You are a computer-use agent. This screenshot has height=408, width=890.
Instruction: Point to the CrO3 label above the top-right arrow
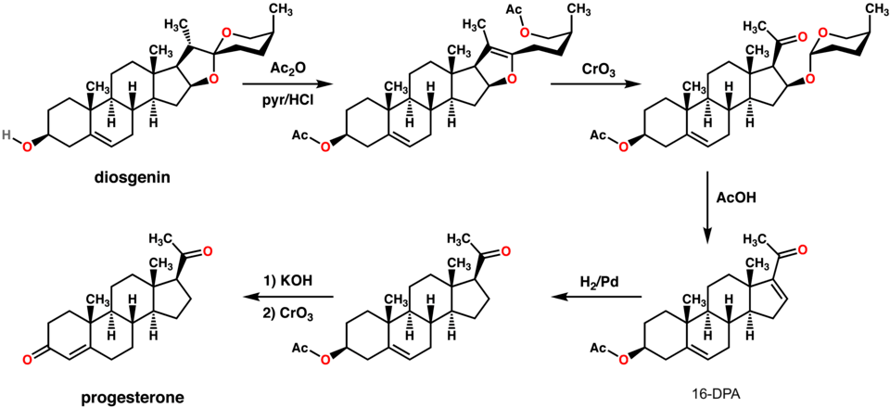coord(589,69)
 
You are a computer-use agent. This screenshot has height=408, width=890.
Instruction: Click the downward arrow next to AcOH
coord(709,199)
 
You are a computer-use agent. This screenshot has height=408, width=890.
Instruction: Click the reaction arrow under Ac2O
coord(271,84)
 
